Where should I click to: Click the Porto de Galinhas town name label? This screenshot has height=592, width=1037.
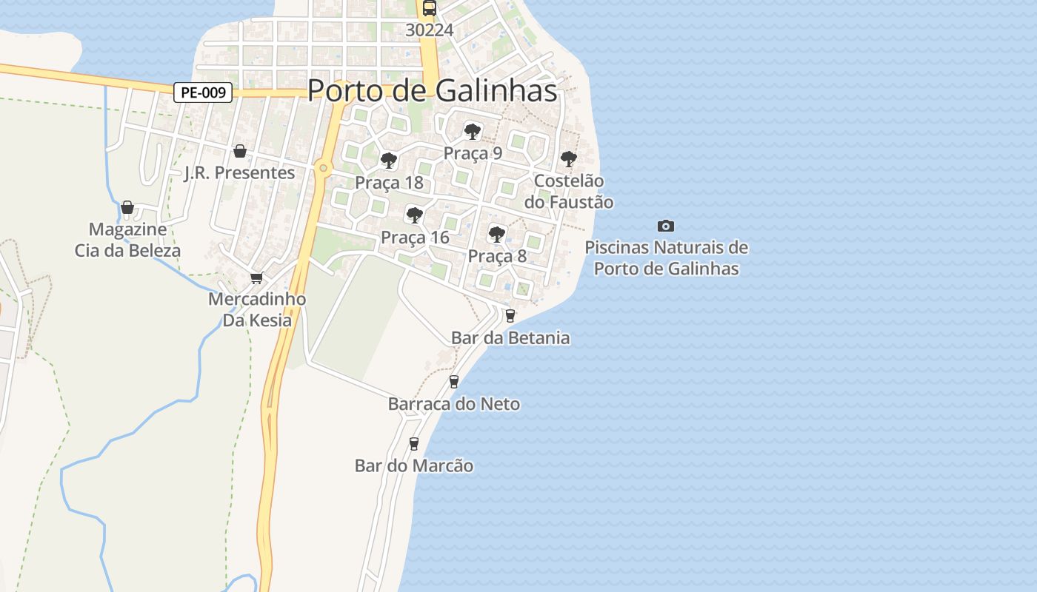[432, 90]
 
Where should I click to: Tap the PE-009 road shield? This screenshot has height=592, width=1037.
[204, 92]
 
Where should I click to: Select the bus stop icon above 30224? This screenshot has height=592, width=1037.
[430, 9]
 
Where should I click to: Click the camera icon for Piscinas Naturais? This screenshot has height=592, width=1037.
[666, 226]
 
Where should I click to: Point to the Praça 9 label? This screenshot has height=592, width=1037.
[473, 153]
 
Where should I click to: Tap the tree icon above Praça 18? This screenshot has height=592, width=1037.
[388, 160]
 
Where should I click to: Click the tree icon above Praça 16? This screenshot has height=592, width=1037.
[415, 215]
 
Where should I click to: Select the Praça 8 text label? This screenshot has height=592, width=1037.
[497, 256]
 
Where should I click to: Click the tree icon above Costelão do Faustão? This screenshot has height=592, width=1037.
[568, 158]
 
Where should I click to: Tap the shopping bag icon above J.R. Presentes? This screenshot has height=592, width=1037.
[240, 151]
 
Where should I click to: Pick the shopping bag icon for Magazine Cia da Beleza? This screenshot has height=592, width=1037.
[127, 207]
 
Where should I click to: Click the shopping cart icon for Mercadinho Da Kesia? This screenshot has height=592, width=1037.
[256, 277]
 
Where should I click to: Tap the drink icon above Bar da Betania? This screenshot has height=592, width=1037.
[510, 316]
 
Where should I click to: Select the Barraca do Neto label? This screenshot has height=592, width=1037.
[454, 404]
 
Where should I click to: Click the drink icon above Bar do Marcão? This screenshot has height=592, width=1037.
[414, 444]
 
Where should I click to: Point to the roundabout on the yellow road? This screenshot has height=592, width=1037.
[323, 168]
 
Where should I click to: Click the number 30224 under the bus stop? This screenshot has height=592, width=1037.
[430, 30]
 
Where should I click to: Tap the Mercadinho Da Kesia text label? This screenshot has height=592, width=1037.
[257, 310]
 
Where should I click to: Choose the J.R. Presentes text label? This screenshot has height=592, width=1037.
[239, 173]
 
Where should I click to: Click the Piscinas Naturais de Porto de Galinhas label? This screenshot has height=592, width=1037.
[667, 258]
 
